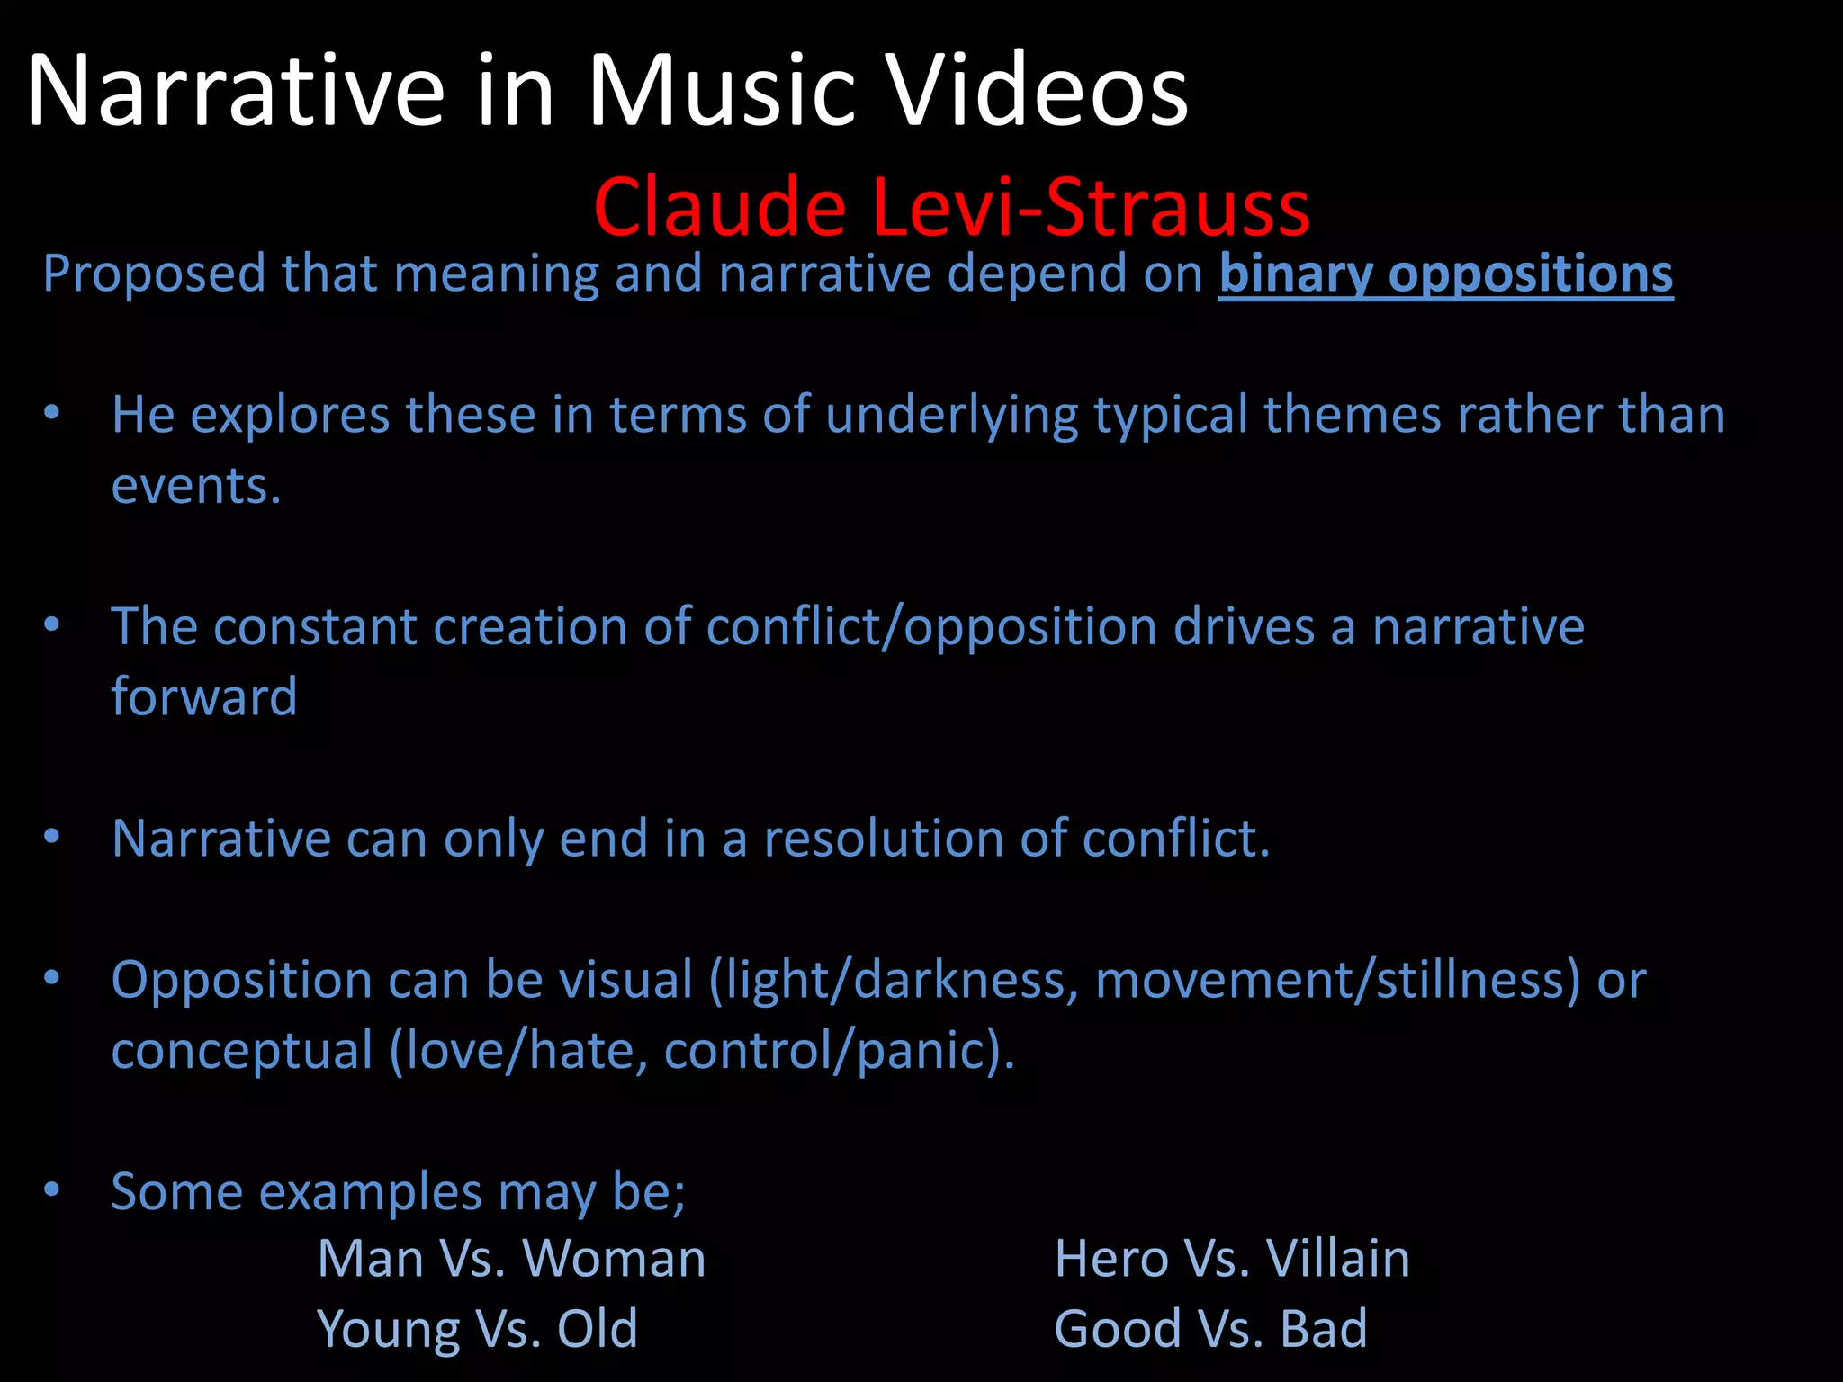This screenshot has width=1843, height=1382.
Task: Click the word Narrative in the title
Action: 237,91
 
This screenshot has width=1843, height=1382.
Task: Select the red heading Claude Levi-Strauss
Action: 951,208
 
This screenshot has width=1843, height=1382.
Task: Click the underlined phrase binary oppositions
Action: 1445,274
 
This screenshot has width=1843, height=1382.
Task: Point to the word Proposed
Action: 154,274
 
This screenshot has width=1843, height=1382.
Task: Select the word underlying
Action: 951,416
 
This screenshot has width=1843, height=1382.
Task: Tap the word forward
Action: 204,696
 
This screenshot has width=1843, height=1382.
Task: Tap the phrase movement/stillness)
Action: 1338,980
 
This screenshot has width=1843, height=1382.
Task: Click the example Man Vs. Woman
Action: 511,1258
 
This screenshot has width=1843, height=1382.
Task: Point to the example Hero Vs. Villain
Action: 1231,1258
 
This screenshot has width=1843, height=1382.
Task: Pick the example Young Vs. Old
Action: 477,1328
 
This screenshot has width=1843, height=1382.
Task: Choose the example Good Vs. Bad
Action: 1210,1328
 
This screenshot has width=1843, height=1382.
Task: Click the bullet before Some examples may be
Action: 52,1189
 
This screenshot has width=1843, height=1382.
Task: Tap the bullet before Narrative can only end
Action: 52,837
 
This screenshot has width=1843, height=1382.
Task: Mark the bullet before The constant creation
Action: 52,624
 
